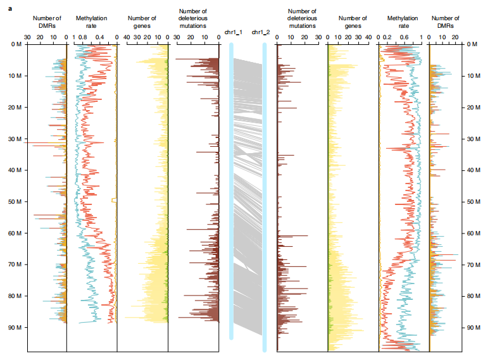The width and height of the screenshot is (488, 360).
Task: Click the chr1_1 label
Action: (x=234, y=32)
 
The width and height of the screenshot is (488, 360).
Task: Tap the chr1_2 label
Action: (x=261, y=32)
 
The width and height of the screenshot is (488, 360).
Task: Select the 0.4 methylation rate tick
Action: (x=99, y=37)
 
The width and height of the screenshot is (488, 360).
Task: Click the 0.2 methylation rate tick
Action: (x=387, y=37)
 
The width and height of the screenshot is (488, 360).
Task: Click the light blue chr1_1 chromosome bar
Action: (x=232, y=190)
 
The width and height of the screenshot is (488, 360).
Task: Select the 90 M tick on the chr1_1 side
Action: (x=13, y=328)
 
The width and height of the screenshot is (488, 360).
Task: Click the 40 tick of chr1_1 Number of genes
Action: (x=127, y=37)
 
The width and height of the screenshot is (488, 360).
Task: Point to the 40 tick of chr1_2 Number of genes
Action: (x=368, y=37)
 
